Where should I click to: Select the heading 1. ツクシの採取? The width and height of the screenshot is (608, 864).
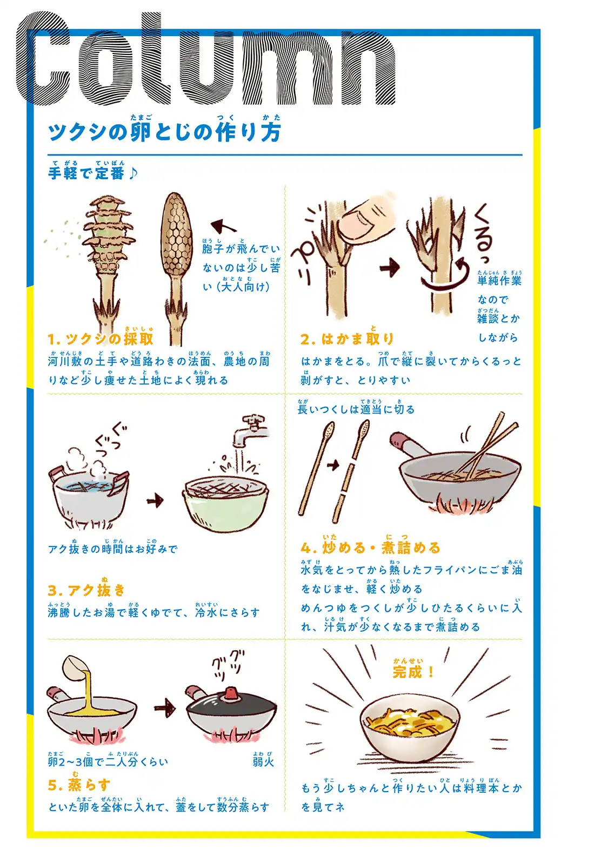[x=101, y=338]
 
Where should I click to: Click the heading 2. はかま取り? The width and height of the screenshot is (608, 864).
[x=347, y=339]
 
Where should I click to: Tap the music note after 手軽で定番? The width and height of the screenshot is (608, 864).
[x=132, y=173]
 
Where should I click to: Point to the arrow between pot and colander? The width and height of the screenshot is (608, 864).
[x=155, y=500]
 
